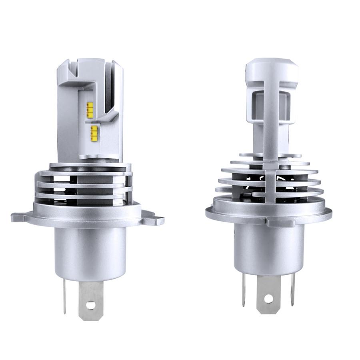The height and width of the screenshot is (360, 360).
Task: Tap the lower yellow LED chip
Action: point(94,133)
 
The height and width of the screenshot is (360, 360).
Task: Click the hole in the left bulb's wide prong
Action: point(91,305)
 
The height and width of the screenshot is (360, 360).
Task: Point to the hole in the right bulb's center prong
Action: point(268,298)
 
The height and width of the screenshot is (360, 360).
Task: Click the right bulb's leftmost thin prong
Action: point(243,290)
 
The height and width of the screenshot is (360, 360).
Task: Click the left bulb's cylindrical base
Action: point(90,252)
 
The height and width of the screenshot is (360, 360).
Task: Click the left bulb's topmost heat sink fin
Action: point(90,165)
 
